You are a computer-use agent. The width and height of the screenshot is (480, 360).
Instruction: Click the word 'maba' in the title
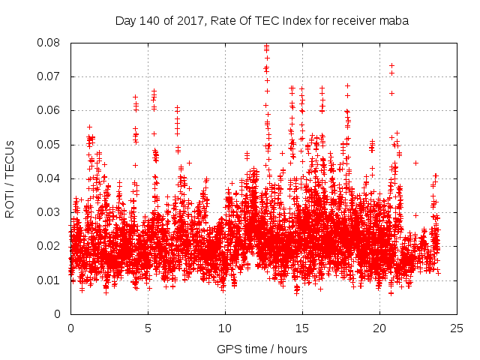tap(394, 20)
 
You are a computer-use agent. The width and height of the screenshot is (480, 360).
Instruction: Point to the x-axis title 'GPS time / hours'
tap(262, 349)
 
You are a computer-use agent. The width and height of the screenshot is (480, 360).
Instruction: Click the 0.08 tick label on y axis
tap(50, 43)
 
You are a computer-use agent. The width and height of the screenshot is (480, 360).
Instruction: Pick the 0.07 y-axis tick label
tap(50, 76)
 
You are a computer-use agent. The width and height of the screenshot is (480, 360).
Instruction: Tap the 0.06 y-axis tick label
tap(50, 110)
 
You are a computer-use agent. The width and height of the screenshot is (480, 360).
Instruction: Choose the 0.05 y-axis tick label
tap(50, 145)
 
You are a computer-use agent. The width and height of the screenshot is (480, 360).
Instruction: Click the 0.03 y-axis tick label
tap(50, 212)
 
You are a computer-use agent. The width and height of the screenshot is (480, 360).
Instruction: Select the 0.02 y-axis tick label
tap(50, 246)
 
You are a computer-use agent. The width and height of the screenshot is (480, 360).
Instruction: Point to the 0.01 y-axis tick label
tap(50, 280)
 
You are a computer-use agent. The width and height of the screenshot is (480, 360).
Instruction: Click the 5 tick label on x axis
tap(148, 328)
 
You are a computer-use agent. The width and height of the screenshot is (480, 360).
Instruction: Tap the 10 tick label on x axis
tap(225, 328)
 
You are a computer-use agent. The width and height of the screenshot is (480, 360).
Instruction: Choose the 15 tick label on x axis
tap(302, 328)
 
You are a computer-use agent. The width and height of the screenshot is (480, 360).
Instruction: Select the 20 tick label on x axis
tap(379, 328)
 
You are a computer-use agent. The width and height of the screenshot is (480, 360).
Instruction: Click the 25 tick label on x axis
tap(457, 328)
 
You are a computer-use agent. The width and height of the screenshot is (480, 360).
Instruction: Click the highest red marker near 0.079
tap(266, 46)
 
